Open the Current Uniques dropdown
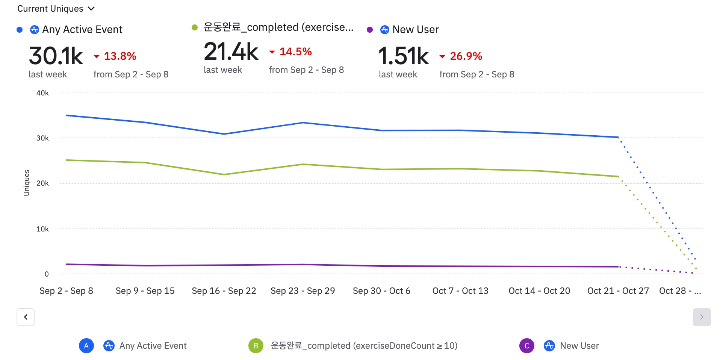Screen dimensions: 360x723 pyautogui.click(x=56, y=9)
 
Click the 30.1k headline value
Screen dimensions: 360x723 pyautogui.click(x=56, y=56)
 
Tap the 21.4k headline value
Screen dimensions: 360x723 pyautogui.click(x=231, y=52)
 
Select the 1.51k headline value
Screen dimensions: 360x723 pyautogui.click(x=403, y=56)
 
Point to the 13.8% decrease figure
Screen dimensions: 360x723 pyautogui.click(x=119, y=56)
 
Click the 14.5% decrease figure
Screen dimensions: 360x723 pyautogui.click(x=295, y=52)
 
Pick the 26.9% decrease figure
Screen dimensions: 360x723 pyautogui.click(x=466, y=56)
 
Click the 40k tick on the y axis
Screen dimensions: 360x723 pyautogui.click(x=42, y=93)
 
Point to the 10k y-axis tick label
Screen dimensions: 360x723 pyautogui.click(x=42, y=229)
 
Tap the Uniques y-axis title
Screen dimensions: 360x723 pyautogui.click(x=26, y=183)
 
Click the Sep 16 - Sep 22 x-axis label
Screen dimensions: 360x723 pyautogui.click(x=224, y=291)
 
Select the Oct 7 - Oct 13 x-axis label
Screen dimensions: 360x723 pyautogui.click(x=460, y=291)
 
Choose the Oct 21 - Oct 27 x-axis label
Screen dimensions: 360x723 pyautogui.click(x=618, y=291)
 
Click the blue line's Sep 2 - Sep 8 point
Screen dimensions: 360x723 pyautogui.click(x=67, y=115)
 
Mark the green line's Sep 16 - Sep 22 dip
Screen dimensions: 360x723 pyautogui.click(x=224, y=174)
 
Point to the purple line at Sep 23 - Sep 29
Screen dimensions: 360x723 pyautogui.click(x=303, y=265)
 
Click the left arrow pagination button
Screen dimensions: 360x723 pyautogui.click(x=26, y=317)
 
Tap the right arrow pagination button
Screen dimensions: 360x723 pyautogui.click(x=702, y=317)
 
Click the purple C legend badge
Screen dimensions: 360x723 pyautogui.click(x=526, y=346)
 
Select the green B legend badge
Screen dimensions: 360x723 pyautogui.click(x=256, y=346)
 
